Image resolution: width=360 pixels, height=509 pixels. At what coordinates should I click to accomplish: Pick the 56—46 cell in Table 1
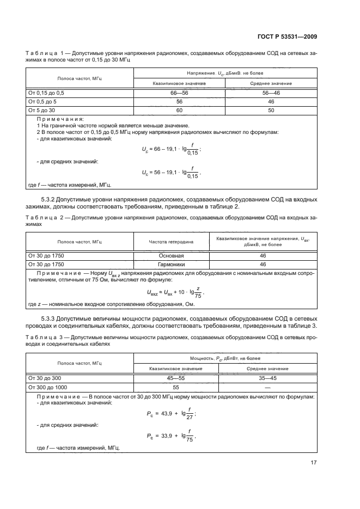pyautogui.click(x=271, y=93)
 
